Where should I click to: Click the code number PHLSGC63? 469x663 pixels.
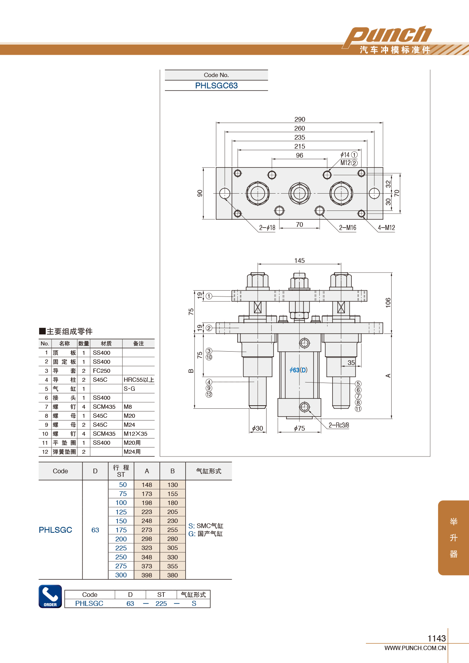[216, 86]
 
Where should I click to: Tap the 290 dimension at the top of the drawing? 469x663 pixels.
[299, 119]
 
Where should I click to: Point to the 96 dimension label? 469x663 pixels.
[299, 155]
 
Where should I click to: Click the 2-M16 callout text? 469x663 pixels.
[347, 228]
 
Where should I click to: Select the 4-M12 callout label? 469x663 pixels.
[386, 228]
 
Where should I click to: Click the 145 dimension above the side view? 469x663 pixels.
[299, 261]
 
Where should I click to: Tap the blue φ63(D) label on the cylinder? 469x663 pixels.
[298, 370]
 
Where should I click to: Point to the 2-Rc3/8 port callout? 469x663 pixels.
[339, 425]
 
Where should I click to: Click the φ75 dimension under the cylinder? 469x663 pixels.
[299, 428]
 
